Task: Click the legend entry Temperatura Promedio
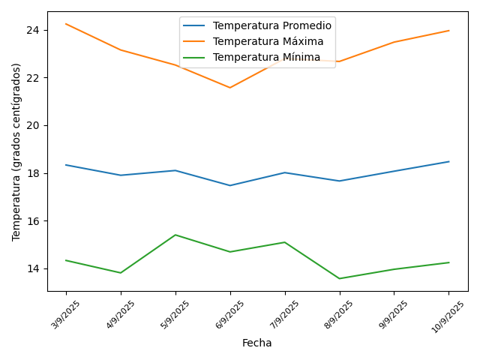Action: [272, 25]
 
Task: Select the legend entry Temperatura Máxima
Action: [268, 41]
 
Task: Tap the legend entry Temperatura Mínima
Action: [266, 57]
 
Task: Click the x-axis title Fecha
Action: [257, 343]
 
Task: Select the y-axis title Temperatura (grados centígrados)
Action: [16, 151]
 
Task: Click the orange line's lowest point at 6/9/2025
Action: [230, 88]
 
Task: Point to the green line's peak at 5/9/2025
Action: [175, 235]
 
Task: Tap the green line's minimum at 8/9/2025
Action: [340, 278]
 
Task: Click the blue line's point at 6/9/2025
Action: [230, 185]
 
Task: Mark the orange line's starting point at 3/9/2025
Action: [66, 24]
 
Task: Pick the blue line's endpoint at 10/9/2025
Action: [449, 161]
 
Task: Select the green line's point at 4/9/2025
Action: [121, 273]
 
